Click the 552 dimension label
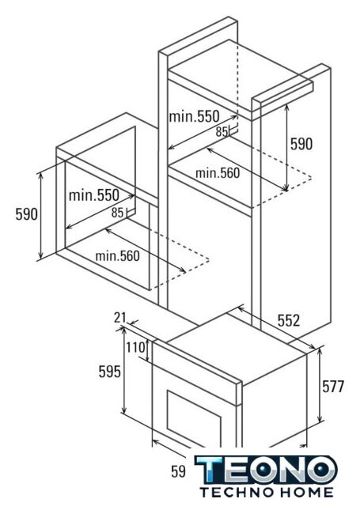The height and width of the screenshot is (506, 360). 289,320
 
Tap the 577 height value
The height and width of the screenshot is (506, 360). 333,387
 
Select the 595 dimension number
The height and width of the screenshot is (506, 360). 109,372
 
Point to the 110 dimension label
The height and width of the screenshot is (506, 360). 135,348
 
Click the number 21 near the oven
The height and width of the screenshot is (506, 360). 119,318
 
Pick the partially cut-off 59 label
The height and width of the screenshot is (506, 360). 178,471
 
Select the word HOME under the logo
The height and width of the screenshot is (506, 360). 306,492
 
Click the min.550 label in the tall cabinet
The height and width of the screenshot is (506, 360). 194,116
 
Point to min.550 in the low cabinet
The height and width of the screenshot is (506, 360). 94,195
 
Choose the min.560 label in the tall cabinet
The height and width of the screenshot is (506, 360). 218,173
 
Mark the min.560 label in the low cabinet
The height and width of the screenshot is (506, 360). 118,256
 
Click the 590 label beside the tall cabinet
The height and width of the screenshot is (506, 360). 301,144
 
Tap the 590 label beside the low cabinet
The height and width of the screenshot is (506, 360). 26,213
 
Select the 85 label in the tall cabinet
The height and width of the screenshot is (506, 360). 222,132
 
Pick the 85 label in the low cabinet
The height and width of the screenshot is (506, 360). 118,213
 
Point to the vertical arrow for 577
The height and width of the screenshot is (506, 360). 320,385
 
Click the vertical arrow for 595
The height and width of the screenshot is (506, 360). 123,370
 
